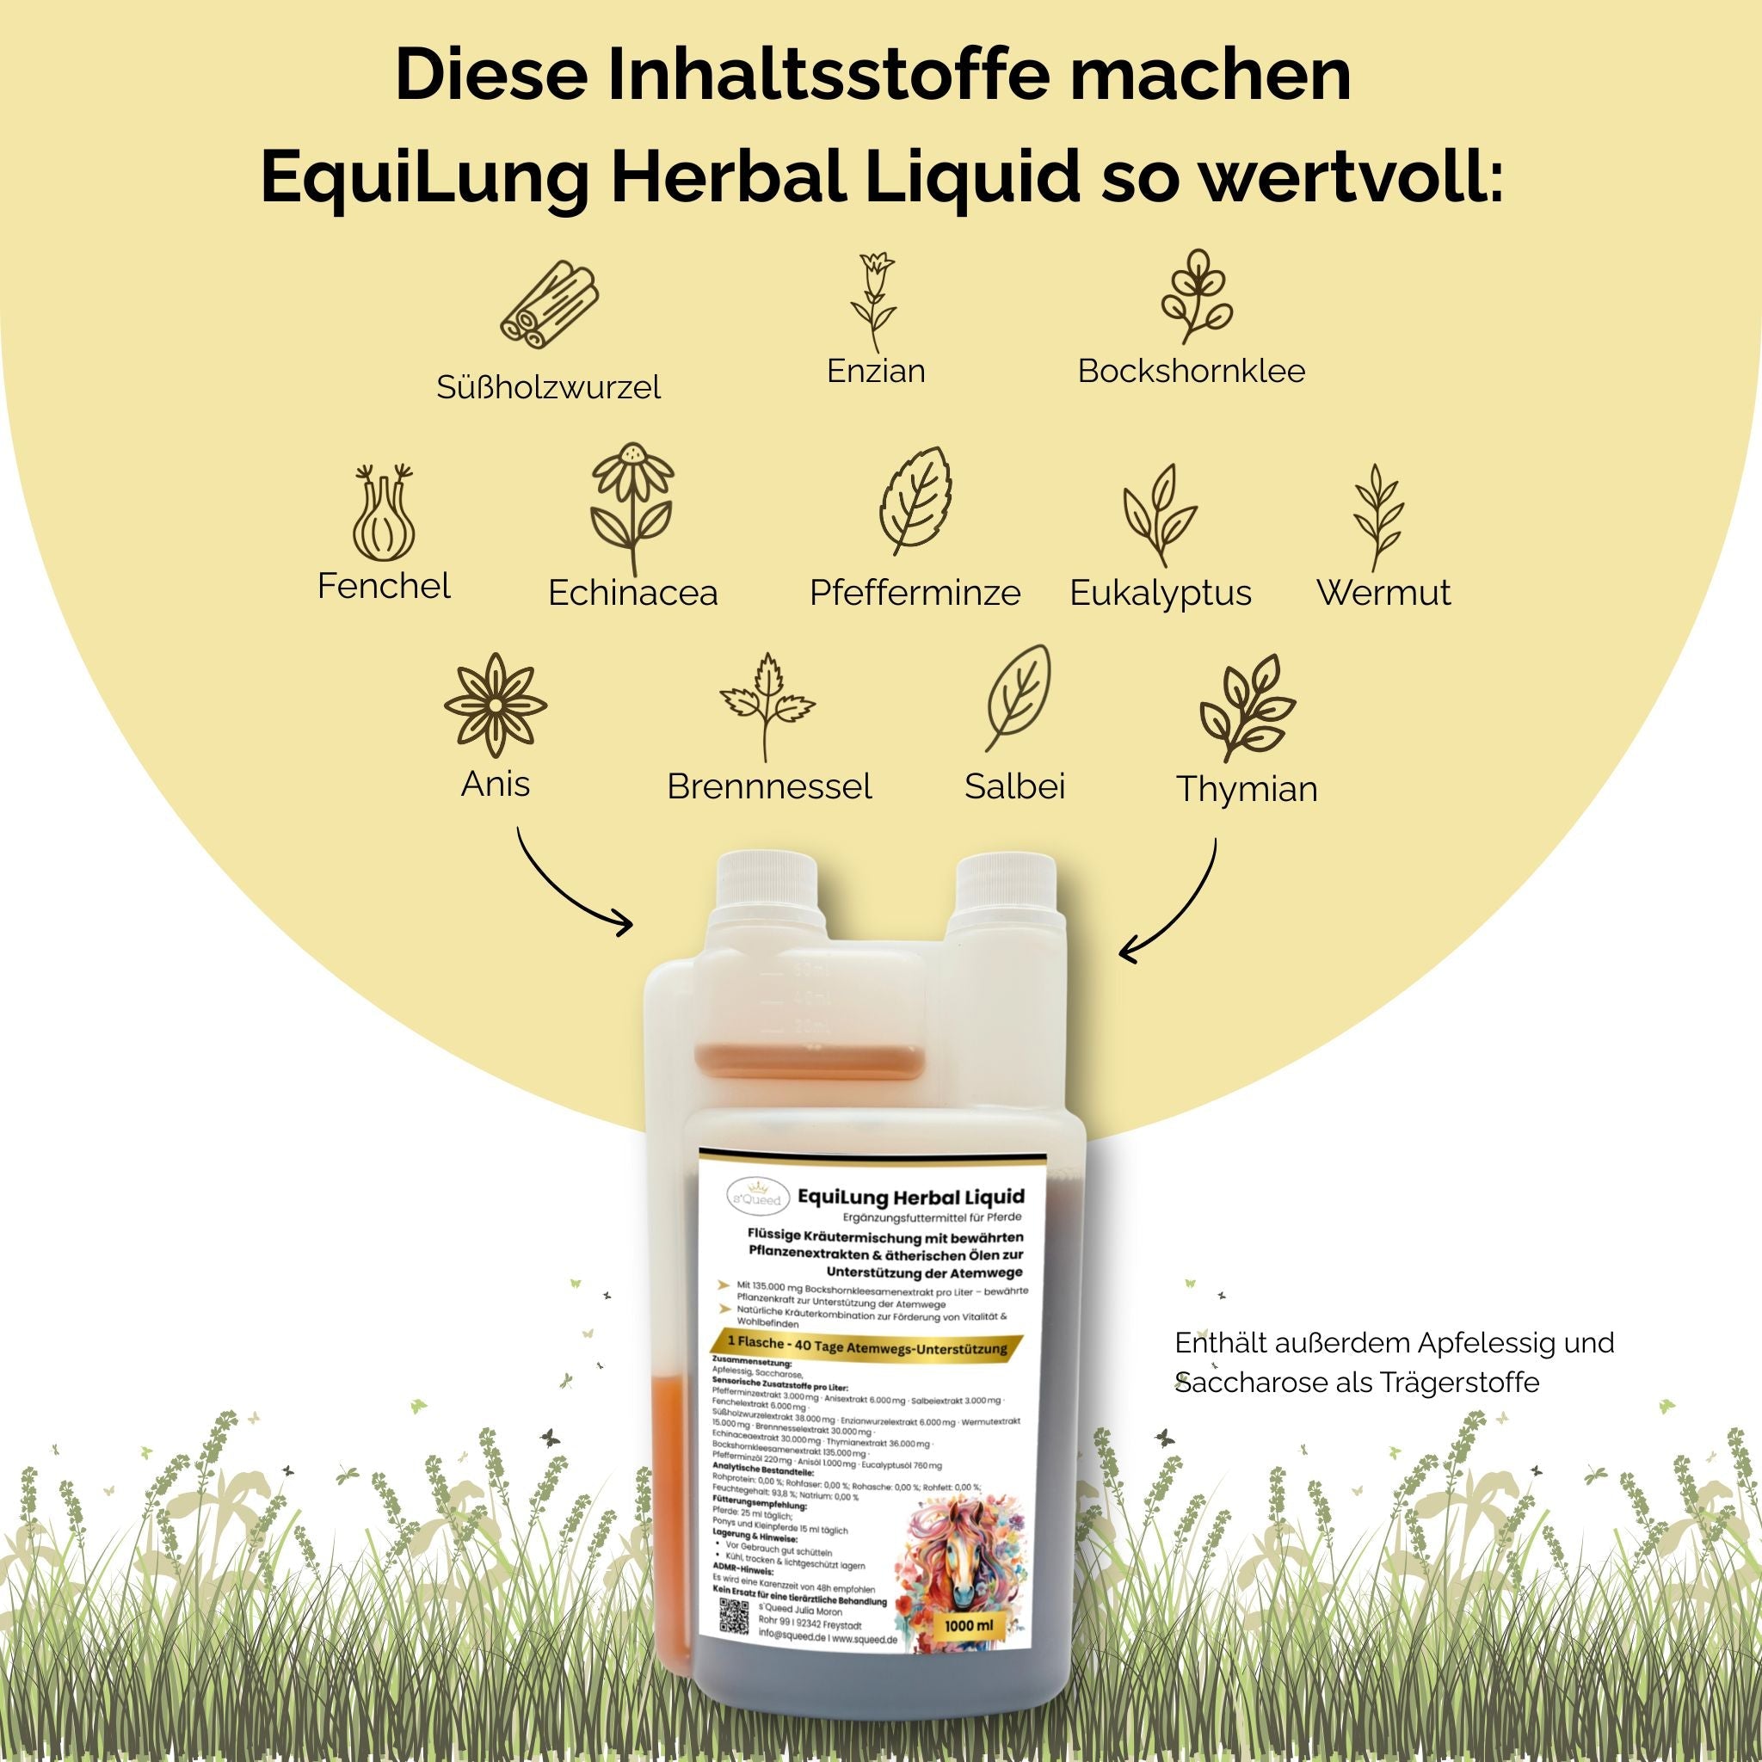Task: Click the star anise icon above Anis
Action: pos(496,704)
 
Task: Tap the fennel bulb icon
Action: pos(384,515)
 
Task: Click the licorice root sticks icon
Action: pos(549,305)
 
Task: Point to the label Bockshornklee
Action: pos(1191,371)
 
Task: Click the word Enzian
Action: pos(876,371)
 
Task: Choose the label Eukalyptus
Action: pos(1160,593)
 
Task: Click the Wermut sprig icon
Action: pos(1377,517)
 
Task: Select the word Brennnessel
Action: pos(769,786)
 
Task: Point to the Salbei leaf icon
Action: pos(1018,699)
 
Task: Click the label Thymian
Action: pos(1247,789)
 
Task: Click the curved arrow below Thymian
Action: pos(1176,909)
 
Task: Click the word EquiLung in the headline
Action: pos(425,179)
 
